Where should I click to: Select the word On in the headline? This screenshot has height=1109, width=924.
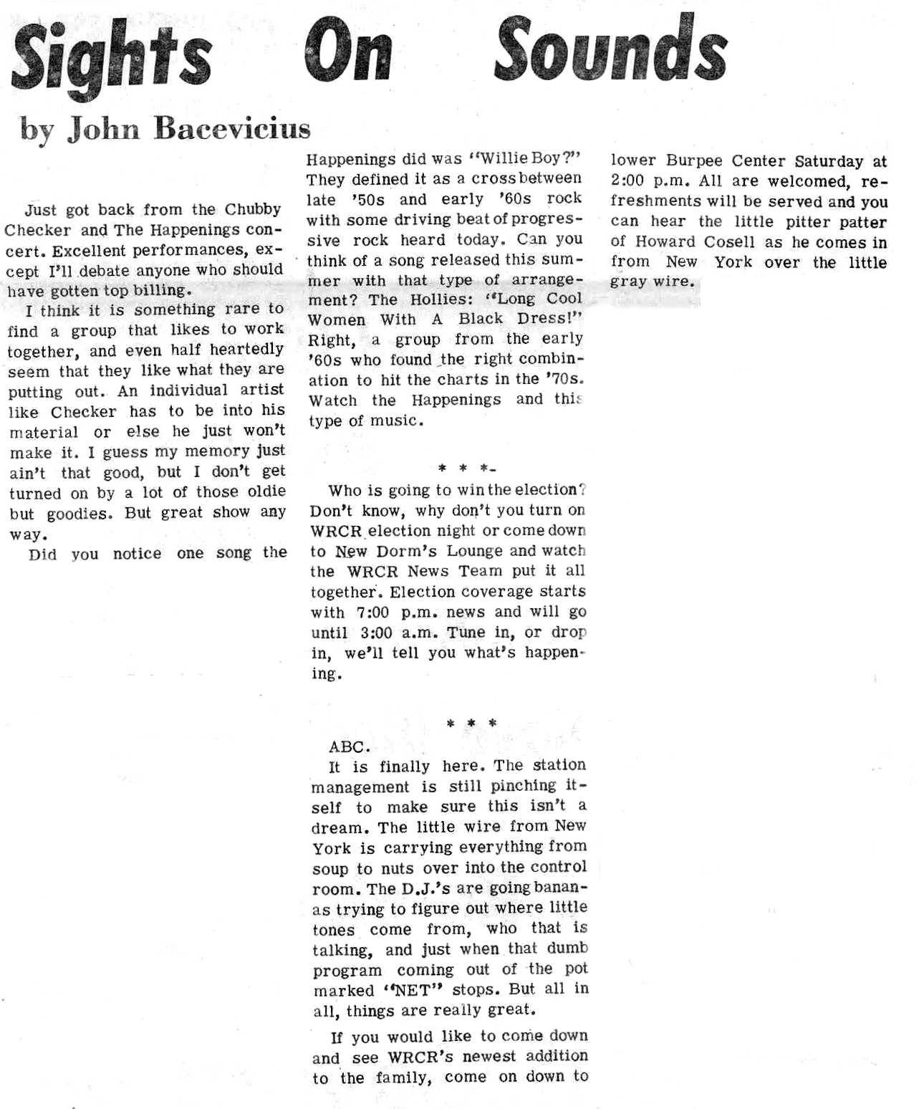tap(348, 52)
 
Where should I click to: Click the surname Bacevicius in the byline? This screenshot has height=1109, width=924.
tap(234, 128)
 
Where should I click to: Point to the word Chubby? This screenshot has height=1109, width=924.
tap(253, 210)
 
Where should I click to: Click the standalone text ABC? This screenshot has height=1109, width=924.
tap(349, 746)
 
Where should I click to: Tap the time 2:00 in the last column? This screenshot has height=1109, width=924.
tap(627, 181)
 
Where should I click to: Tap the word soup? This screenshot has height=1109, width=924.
tap(330, 869)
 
